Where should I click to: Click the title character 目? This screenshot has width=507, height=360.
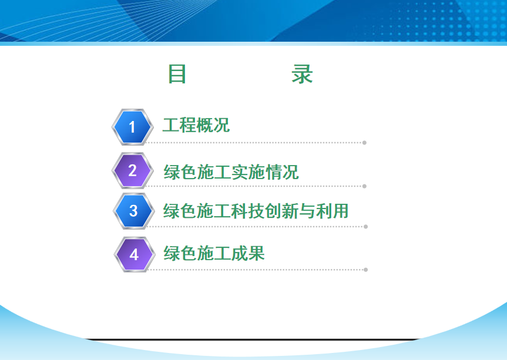[177, 74]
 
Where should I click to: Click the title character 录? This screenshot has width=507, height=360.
[302, 74]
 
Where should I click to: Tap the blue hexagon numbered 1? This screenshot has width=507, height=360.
[132, 127]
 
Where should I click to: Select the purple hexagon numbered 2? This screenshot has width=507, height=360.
[132, 170]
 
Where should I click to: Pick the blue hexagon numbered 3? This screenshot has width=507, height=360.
[133, 211]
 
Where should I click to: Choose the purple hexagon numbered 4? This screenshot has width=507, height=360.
[134, 255]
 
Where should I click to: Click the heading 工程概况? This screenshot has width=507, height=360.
[196, 125]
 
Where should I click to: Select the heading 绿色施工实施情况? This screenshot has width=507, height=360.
[231, 172]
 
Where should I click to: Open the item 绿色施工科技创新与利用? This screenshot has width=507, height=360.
[256, 211]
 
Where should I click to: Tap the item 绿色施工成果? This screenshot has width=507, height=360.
[214, 253]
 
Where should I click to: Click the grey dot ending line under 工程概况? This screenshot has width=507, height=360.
[364, 143]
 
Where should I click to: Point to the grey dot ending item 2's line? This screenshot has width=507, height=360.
[364, 186]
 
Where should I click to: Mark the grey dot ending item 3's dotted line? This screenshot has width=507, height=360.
[365, 227]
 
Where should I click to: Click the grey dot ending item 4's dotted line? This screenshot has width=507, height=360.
[365, 270]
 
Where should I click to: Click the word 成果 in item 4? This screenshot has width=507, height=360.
[248, 253]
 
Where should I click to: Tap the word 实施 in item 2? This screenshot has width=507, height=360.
[248, 172]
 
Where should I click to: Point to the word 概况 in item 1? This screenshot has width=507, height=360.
[213, 125]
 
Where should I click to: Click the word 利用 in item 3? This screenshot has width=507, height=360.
[332, 211]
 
